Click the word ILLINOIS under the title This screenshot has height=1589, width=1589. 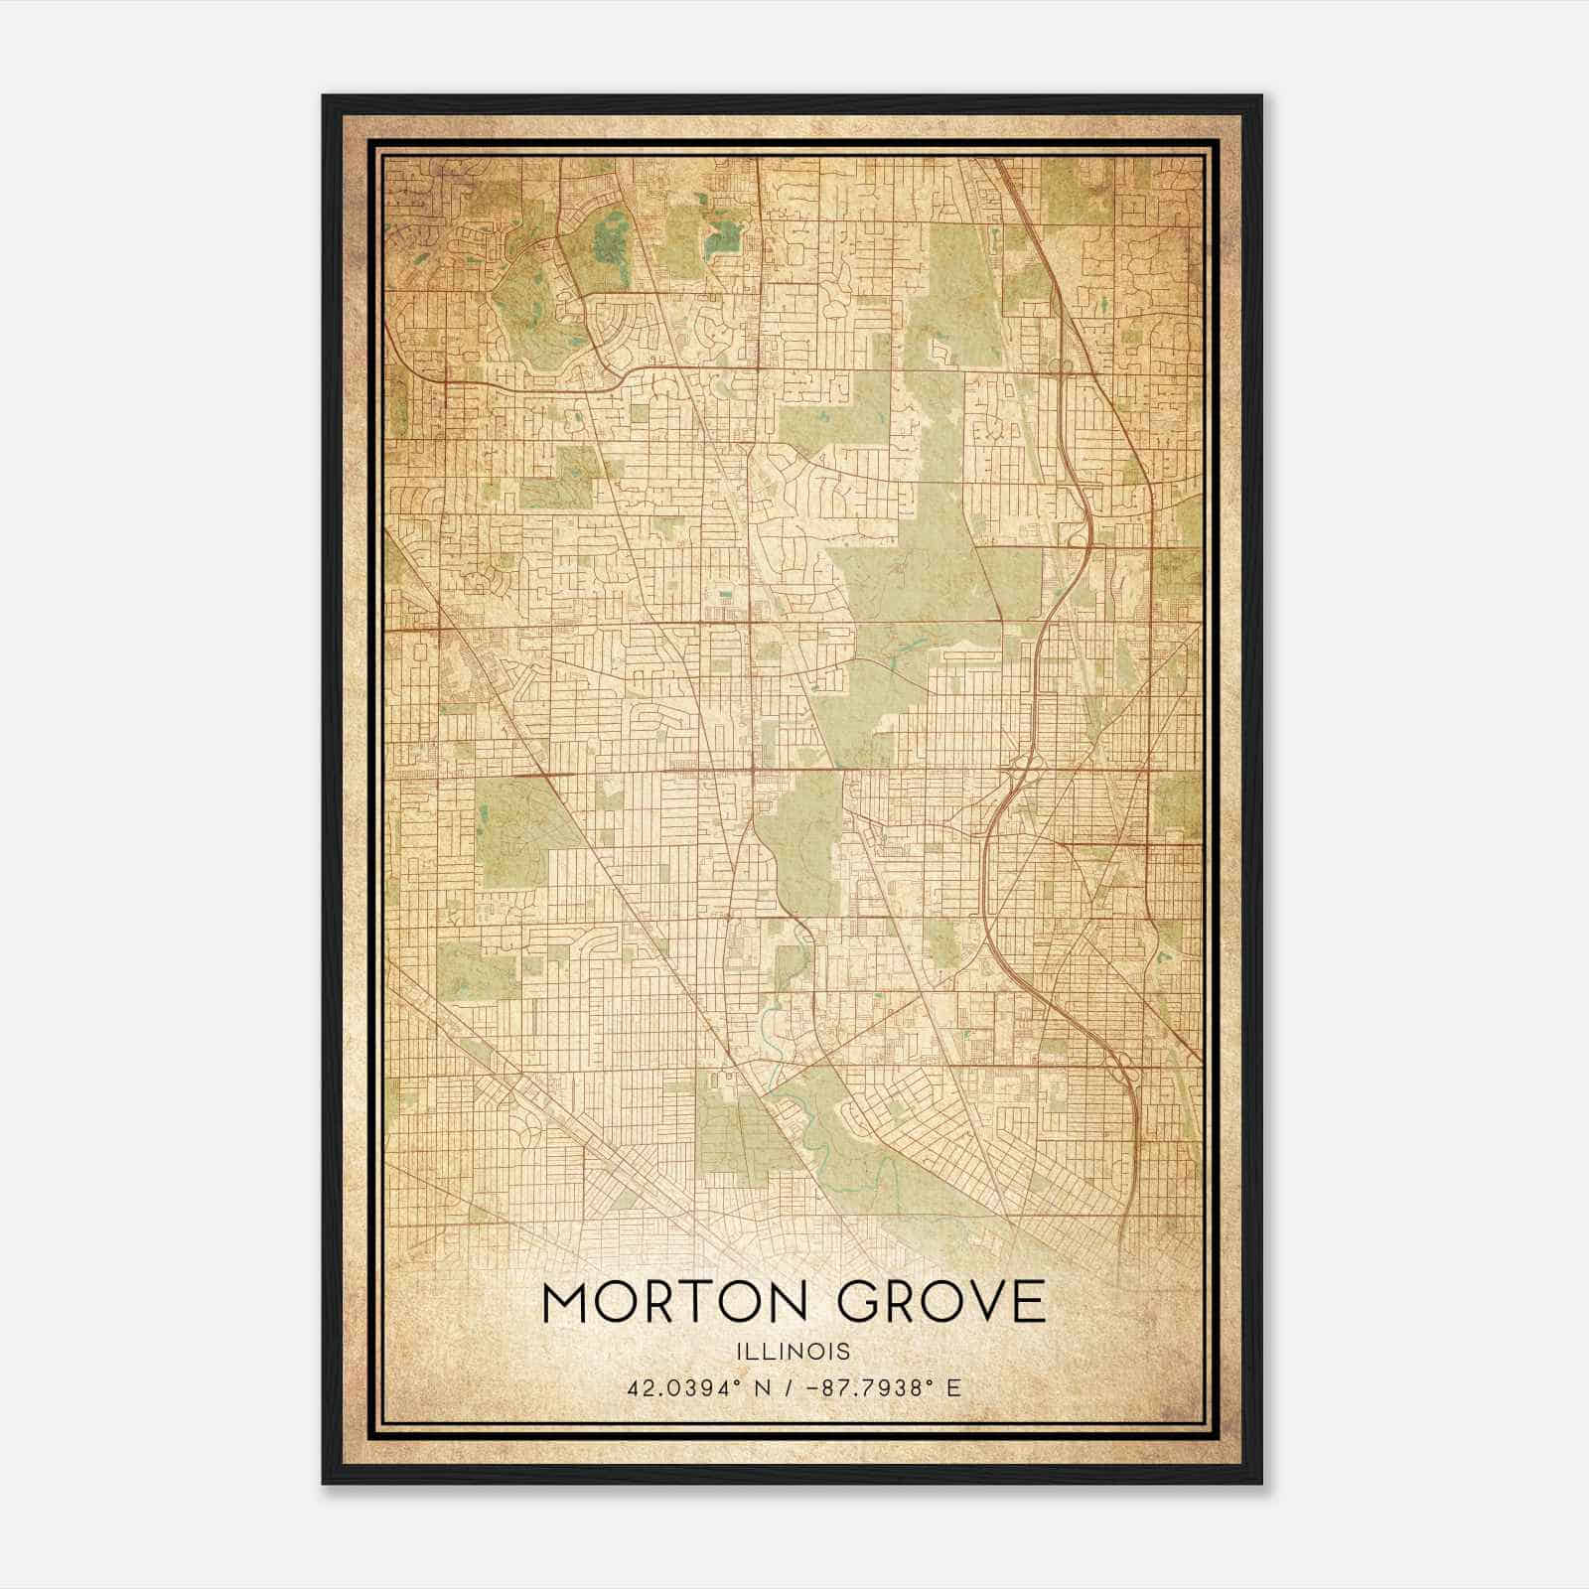(x=794, y=1352)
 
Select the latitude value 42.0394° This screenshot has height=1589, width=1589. (x=676, y=1387)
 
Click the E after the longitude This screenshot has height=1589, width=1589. (x=953, y=1387)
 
